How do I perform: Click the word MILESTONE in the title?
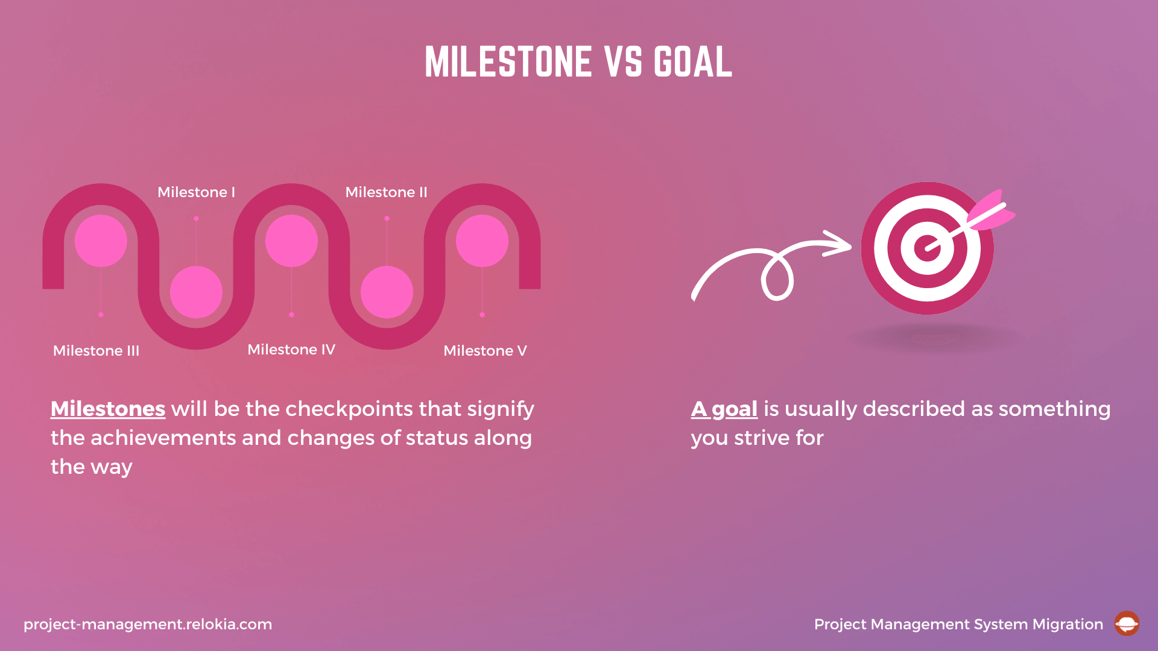(508, 61)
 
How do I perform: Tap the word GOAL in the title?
(692, 61)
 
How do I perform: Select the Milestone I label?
(196, 192)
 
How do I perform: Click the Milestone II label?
(386, 192)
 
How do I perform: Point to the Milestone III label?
(96, 351)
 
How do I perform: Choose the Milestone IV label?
(291, 350)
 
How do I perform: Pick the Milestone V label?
(485, 351)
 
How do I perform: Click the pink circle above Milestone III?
(101, 241)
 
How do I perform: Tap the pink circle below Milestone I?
(196, 292)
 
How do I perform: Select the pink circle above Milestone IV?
(291, 241)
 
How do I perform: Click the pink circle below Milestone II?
(387, 292)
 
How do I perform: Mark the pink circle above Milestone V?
(482, 241)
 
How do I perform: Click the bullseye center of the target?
(927, 248)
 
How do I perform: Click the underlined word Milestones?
(108, 409)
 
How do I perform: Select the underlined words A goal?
(724, 409)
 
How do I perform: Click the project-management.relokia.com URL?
(148, 624)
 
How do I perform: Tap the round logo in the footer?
(1126, 624)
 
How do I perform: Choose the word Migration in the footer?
(1068, 624)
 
